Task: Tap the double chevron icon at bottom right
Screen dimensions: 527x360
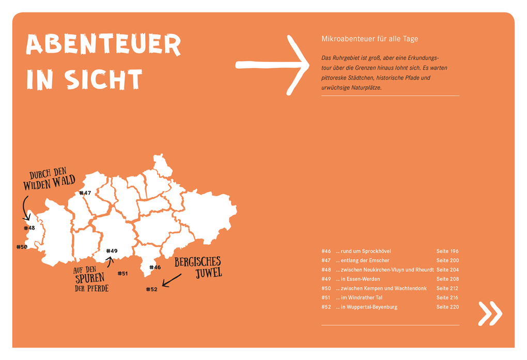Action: [490, 313]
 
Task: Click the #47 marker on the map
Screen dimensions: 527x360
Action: [85, 193]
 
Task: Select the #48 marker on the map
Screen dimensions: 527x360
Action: [29, 228]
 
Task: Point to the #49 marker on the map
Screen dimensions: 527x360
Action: [112, 251]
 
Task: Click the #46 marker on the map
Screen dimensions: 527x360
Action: [155, 268]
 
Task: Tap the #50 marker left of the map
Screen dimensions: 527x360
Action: [21, 247]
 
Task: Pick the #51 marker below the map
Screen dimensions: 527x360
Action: [122, 274]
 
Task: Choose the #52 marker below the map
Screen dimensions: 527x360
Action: [151, 289]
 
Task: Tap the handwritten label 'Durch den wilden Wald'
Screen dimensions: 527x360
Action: [49, 178]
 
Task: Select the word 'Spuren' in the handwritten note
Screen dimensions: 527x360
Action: [90, 279]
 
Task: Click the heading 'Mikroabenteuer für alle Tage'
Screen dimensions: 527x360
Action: [369, 39]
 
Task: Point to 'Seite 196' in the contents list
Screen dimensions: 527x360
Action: [447, 251]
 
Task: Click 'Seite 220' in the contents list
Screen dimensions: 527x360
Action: [447, 307]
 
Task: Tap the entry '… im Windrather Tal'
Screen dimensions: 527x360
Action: [359, 298]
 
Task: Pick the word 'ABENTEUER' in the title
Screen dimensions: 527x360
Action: [103, 45]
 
